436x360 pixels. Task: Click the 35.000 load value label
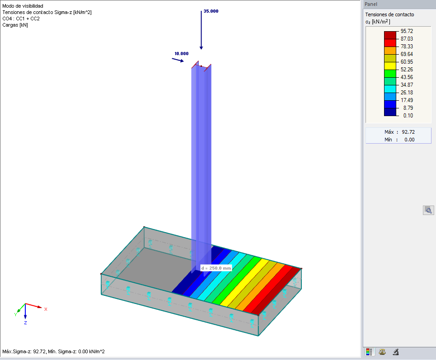pos(211,11)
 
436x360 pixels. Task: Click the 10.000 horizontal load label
pos(181,54)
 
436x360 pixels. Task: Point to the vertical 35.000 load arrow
pos(202,30)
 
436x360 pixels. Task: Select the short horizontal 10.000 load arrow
pos(178,60)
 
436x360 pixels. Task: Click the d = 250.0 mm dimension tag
pos(216,268)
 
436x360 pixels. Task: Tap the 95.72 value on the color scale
pos(407,31)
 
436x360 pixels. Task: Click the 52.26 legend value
pos(407,70)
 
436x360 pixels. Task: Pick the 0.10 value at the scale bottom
pos(408,115)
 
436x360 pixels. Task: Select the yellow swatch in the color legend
pos(390,66)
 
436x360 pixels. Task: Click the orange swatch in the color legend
pos(390,51)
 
